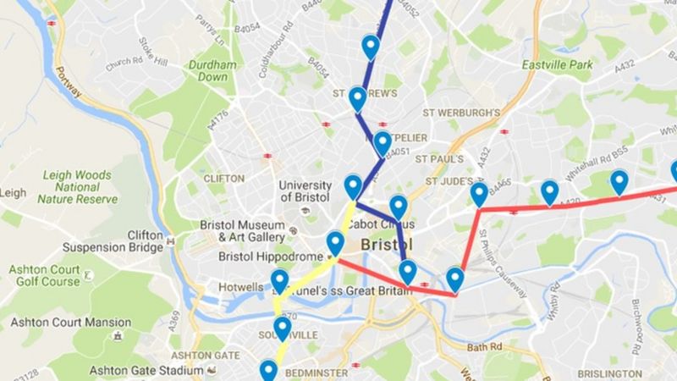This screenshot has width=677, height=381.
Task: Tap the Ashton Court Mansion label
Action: tap(71, 323)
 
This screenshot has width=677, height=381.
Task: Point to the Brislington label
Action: tap(609, 374)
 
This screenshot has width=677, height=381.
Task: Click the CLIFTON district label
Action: tap(223, 179)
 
